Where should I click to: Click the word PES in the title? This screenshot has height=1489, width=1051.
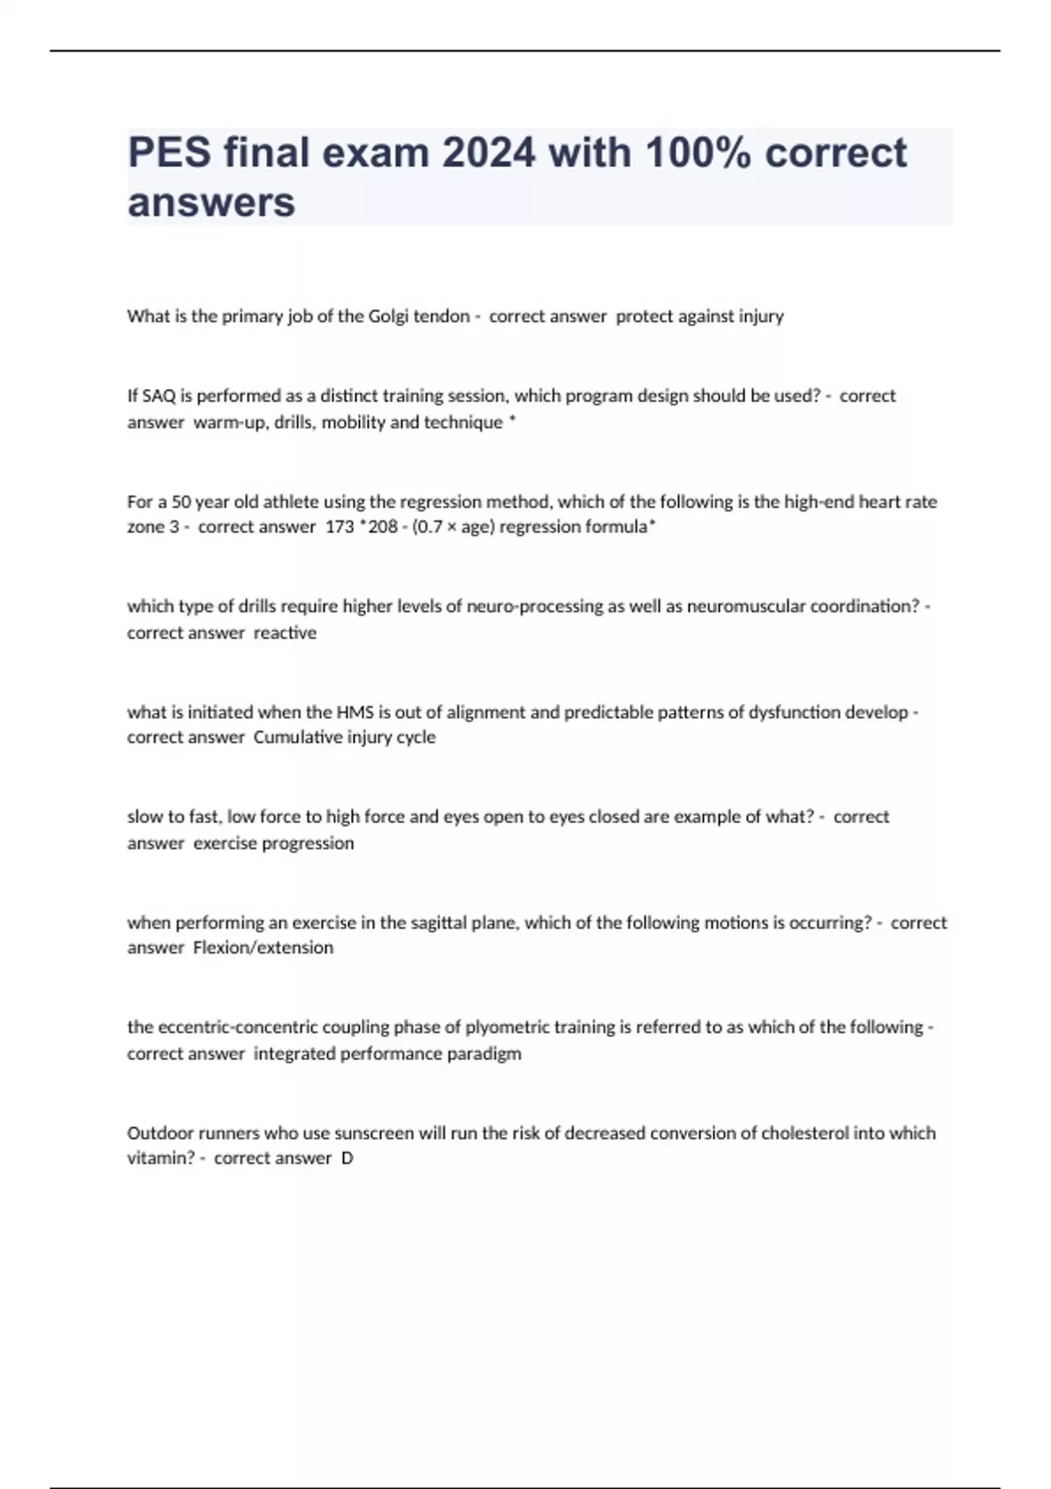(x=170, y=153)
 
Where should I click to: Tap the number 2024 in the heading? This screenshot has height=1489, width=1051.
(x=488, y=153)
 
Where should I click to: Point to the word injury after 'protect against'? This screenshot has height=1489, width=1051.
(x=760, y=316)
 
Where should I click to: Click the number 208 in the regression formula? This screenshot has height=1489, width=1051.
(x=383, y=527)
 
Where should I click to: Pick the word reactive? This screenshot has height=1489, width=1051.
(x=285, y=632)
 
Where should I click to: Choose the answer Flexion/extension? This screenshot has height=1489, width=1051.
(x=263, y=948)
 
